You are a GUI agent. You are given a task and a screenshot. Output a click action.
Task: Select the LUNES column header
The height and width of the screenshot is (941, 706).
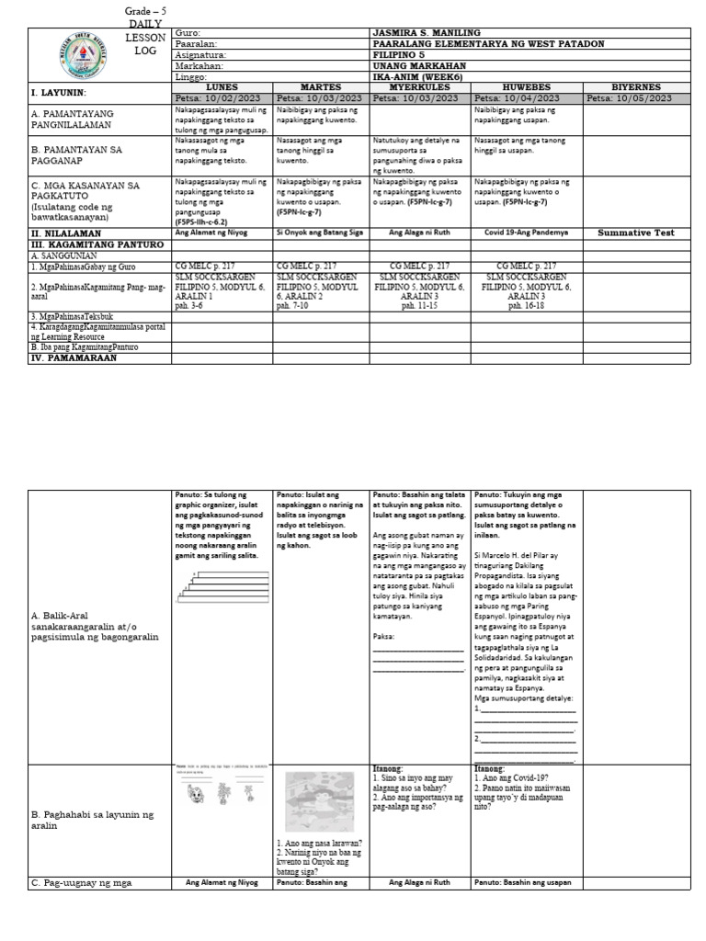pyautogui.click(x=222, y=86)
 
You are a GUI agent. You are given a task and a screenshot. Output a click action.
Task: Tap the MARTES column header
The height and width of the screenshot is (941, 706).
pyautogui.click(x=321, y=86)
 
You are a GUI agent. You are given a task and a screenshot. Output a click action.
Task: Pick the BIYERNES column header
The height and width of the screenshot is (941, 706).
pyautogui.click(x=630, y=86)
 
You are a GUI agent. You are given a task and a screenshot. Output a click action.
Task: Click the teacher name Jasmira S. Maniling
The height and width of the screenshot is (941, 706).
pyautogui.click(x=428, y=33)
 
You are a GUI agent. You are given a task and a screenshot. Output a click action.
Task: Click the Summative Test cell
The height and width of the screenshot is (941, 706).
pyautogui.click(x=630, y=233)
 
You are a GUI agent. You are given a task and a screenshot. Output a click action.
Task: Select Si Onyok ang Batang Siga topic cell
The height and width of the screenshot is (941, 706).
pyautogui.click(x=321, y=233)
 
